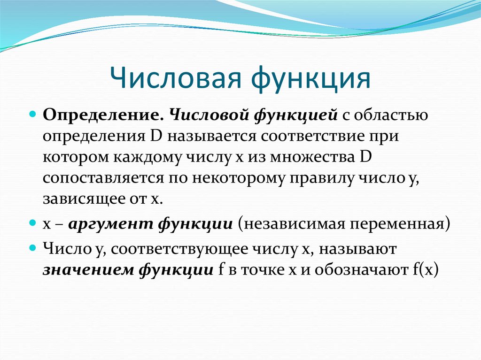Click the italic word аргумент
pos(111,223)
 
